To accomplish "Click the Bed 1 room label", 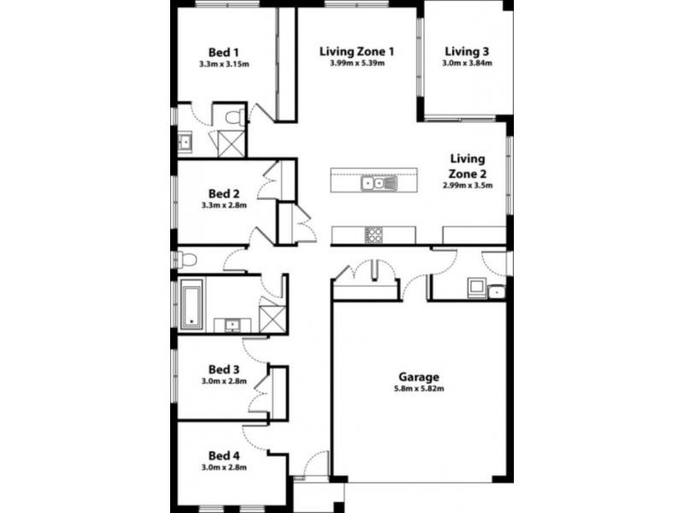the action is pos(223,53).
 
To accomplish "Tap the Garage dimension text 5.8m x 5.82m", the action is pos(419,388).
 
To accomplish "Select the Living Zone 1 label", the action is pos(357,51).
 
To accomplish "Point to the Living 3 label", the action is pos(467,51).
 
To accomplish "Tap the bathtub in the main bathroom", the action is pos(192,304).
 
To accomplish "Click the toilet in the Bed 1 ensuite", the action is pos(236,117).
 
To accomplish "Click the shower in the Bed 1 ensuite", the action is pos(231,144).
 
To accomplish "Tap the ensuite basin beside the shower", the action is pos(185,142).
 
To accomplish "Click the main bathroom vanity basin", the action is pos(232,325).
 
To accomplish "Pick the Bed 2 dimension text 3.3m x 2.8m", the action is pos(224,205).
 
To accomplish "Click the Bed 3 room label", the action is pos(224,369).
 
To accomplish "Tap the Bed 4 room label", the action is pos(224,456).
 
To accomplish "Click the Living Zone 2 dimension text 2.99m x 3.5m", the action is pos(467,185).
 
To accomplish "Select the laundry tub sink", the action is pos(496,292).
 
